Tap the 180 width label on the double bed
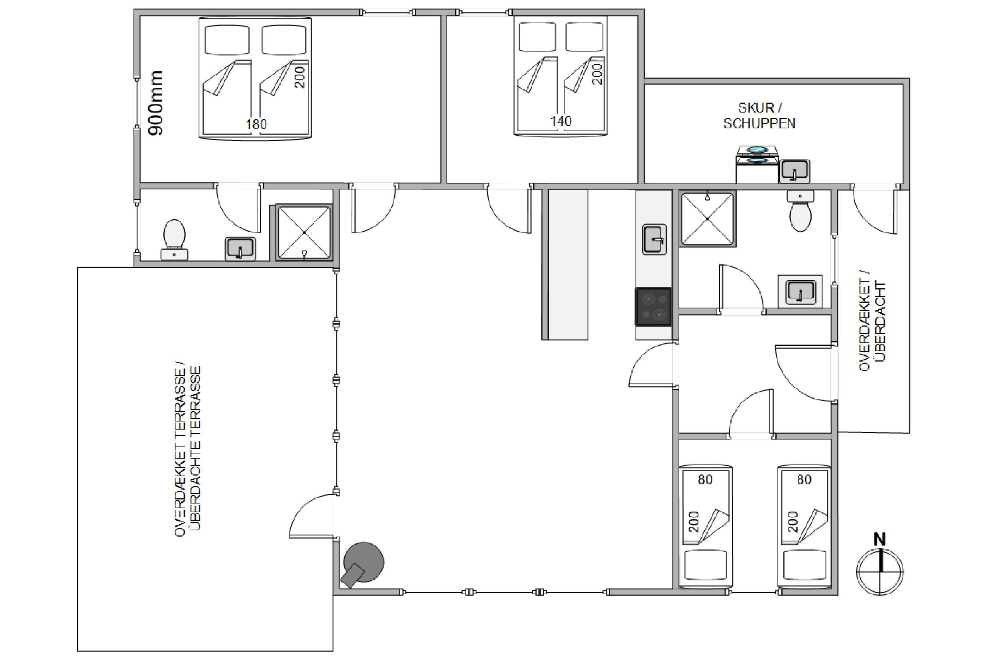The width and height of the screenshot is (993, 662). coord(256,124)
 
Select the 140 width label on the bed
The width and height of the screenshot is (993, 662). coord(560,121)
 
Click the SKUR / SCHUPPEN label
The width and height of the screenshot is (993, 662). coord(759,116)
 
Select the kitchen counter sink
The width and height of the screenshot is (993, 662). coord(654,239)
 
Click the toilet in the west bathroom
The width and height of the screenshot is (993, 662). coord(174,239)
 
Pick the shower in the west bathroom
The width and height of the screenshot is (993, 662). coord(304,233)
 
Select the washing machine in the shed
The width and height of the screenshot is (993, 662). coord(757,165)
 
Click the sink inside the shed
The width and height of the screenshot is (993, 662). coord(794,171)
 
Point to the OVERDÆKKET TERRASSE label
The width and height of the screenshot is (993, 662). coord(180,451)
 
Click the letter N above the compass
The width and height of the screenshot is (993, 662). coord(879,539)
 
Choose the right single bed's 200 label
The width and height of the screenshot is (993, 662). coord(793,522)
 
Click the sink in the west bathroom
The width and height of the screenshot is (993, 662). coord(240,249)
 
